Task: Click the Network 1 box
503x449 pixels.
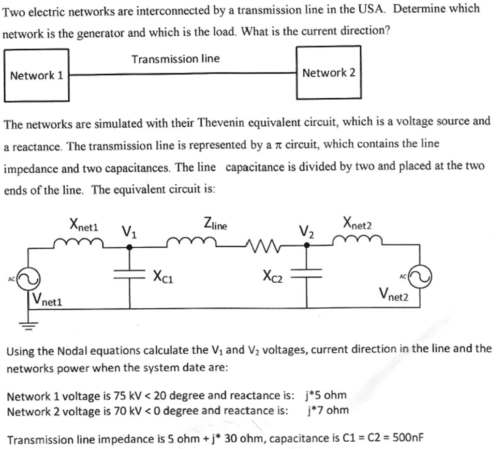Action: pos(36,75)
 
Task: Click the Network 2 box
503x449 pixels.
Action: pos(328,73)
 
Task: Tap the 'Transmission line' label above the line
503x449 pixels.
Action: pos(176,59)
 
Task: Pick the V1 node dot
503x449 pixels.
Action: pos(129,247)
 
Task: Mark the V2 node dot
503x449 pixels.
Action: pos(307,246)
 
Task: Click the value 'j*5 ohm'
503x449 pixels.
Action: pos(326,395)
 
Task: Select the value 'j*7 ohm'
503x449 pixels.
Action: pos(327,410)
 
